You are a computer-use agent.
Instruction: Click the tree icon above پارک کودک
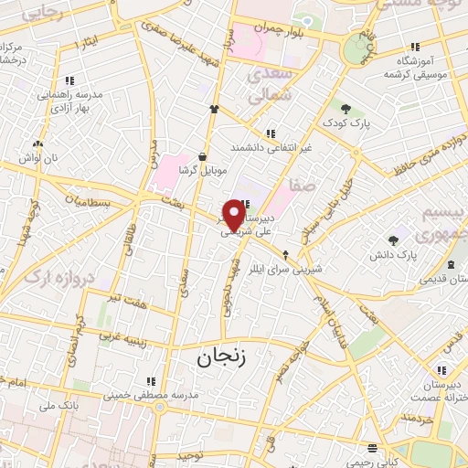[x=346, y=109]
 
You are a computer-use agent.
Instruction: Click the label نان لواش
[x=41, y=157]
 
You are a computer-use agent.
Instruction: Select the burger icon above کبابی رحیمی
[x=371, y=448]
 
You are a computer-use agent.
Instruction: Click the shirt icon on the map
[x=215, y=109]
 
